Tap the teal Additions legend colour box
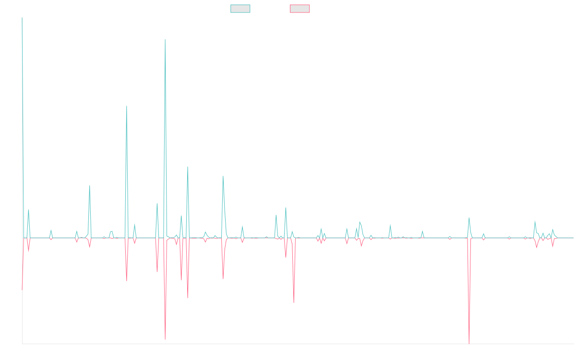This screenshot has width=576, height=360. (240, 9)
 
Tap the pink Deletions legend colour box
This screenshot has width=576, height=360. (300, 9)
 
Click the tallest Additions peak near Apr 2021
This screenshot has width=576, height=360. (165, 39)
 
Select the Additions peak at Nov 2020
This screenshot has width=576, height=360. (126, 106)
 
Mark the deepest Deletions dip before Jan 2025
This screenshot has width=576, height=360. (469, 343)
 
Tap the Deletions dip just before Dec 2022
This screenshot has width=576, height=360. (294, 303)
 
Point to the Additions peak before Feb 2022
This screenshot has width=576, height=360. (223, 176)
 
